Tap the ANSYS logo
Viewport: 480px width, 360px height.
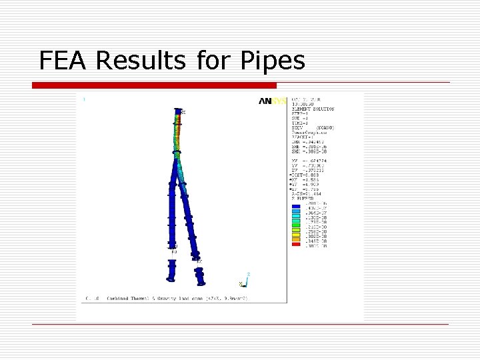click(x=273, y=101)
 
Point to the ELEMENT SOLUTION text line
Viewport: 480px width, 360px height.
click(x=313, y=109)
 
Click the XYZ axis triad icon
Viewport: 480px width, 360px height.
click(x=244, y=279)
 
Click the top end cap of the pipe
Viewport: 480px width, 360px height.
click(x=178, y=111)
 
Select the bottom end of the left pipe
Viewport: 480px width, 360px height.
click(x=171, y=277)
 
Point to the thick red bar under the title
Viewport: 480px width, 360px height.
click(x=154, y=85)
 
